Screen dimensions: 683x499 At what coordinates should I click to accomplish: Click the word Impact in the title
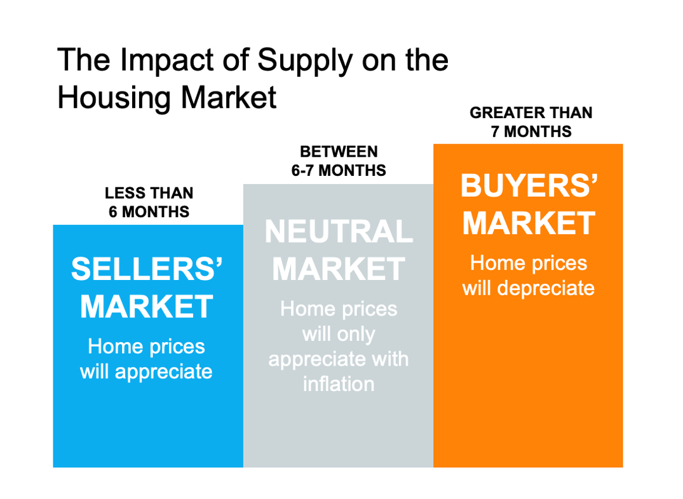tap(167, 61)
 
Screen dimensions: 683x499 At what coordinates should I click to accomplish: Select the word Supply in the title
tap(304, 61)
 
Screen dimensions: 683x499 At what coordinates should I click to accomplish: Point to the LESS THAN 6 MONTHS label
tap(149, 202)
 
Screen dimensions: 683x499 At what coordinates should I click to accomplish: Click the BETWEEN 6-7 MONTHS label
tap(339, 161)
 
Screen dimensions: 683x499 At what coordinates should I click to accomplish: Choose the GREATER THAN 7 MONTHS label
tap(531, 122)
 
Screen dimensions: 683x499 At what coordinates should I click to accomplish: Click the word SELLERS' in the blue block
tap(147, 269)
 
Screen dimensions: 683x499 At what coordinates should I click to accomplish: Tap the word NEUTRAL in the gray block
tap(339, 231)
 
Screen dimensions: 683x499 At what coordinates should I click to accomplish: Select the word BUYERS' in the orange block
tap(529, 186)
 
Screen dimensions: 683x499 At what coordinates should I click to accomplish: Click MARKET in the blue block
tap(147, 307)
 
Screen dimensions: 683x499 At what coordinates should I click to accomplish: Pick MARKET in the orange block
tap(529, 223)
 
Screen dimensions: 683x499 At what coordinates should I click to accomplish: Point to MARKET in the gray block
tap(339, 269)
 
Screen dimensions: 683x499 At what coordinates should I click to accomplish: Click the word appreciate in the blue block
tap(164, 372)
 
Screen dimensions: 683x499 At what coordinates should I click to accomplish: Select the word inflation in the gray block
tap(339, 384)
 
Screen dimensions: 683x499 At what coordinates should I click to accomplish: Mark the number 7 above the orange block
tap(495, 131)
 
